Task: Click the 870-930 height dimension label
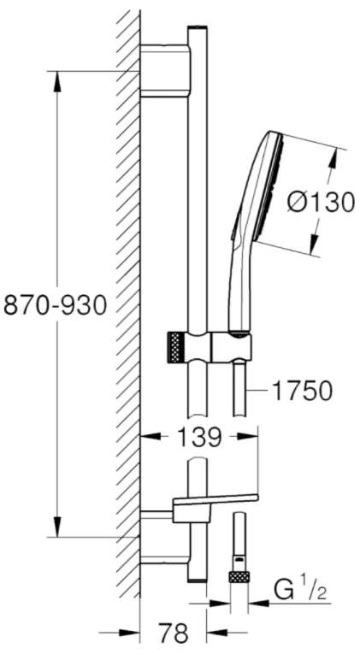(x=55, y=305)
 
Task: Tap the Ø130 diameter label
(x=321, y=203)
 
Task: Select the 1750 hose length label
(x=303, y=391)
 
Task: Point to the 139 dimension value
(x=198, y=438)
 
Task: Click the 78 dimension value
(x=173, y=633)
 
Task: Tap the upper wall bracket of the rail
(x=165, y=70)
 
